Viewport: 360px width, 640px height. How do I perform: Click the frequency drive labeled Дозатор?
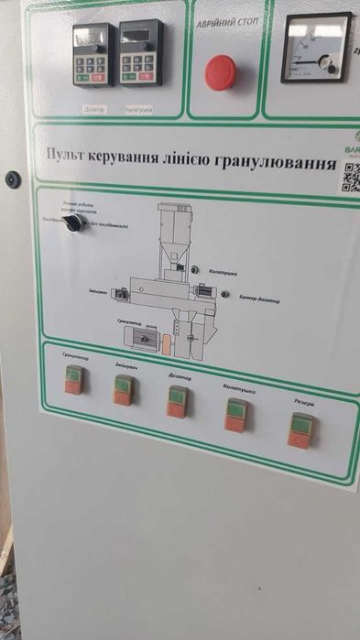93,54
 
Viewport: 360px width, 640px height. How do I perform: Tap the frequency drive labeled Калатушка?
140,52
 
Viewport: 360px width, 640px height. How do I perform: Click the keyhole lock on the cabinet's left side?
13,179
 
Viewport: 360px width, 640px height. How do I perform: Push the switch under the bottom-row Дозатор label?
178,400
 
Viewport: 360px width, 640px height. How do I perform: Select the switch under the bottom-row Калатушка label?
236,414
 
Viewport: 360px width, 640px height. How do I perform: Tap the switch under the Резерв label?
300,429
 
